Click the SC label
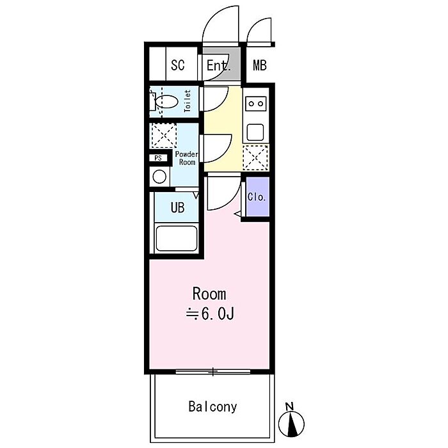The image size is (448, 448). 178,65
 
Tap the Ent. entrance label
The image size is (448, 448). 219,65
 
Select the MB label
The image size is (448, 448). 260,65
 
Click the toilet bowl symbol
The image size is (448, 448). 166,102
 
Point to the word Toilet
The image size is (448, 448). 188,101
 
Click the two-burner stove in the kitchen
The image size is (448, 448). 256,104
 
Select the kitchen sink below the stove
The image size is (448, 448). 255,132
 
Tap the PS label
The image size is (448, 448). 158,158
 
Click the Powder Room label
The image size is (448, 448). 187,158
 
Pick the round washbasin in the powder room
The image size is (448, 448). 159,177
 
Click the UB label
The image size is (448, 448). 177,208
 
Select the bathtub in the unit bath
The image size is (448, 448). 177,239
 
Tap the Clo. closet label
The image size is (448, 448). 257,197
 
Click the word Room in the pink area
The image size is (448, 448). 209,294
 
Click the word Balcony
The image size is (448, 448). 213,406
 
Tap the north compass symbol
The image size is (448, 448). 291,424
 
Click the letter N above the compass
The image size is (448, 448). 290,406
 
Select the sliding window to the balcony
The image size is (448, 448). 213,372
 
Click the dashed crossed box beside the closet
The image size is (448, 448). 255,157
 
